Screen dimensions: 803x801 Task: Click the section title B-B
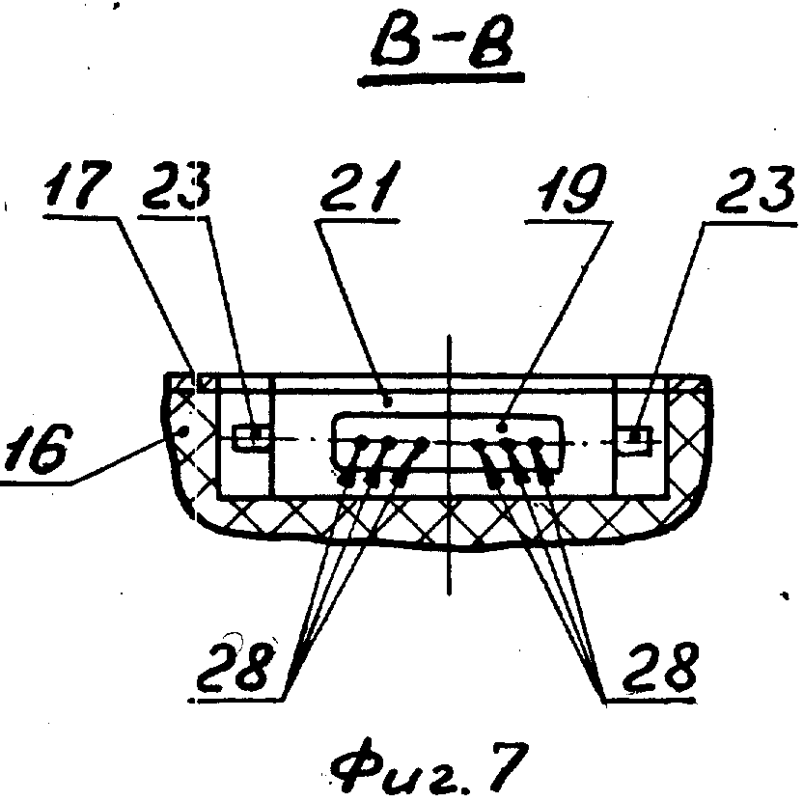click(x=443, y=45)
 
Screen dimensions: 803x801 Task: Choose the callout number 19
click(x=571, y=188)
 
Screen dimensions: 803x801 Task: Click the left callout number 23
click(x=177, y=185)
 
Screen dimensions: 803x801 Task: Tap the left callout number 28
click(x=234, y=666)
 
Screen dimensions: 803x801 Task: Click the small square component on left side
click(x=250, y=438)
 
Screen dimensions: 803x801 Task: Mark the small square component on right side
click(x=635, y=439)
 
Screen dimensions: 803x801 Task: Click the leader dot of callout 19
click(x=503, y=427)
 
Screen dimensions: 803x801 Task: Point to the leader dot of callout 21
click(x=388, y=402)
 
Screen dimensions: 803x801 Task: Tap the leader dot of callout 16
click(x=185, y=431)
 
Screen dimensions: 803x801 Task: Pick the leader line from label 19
click(x=557, y=323)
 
